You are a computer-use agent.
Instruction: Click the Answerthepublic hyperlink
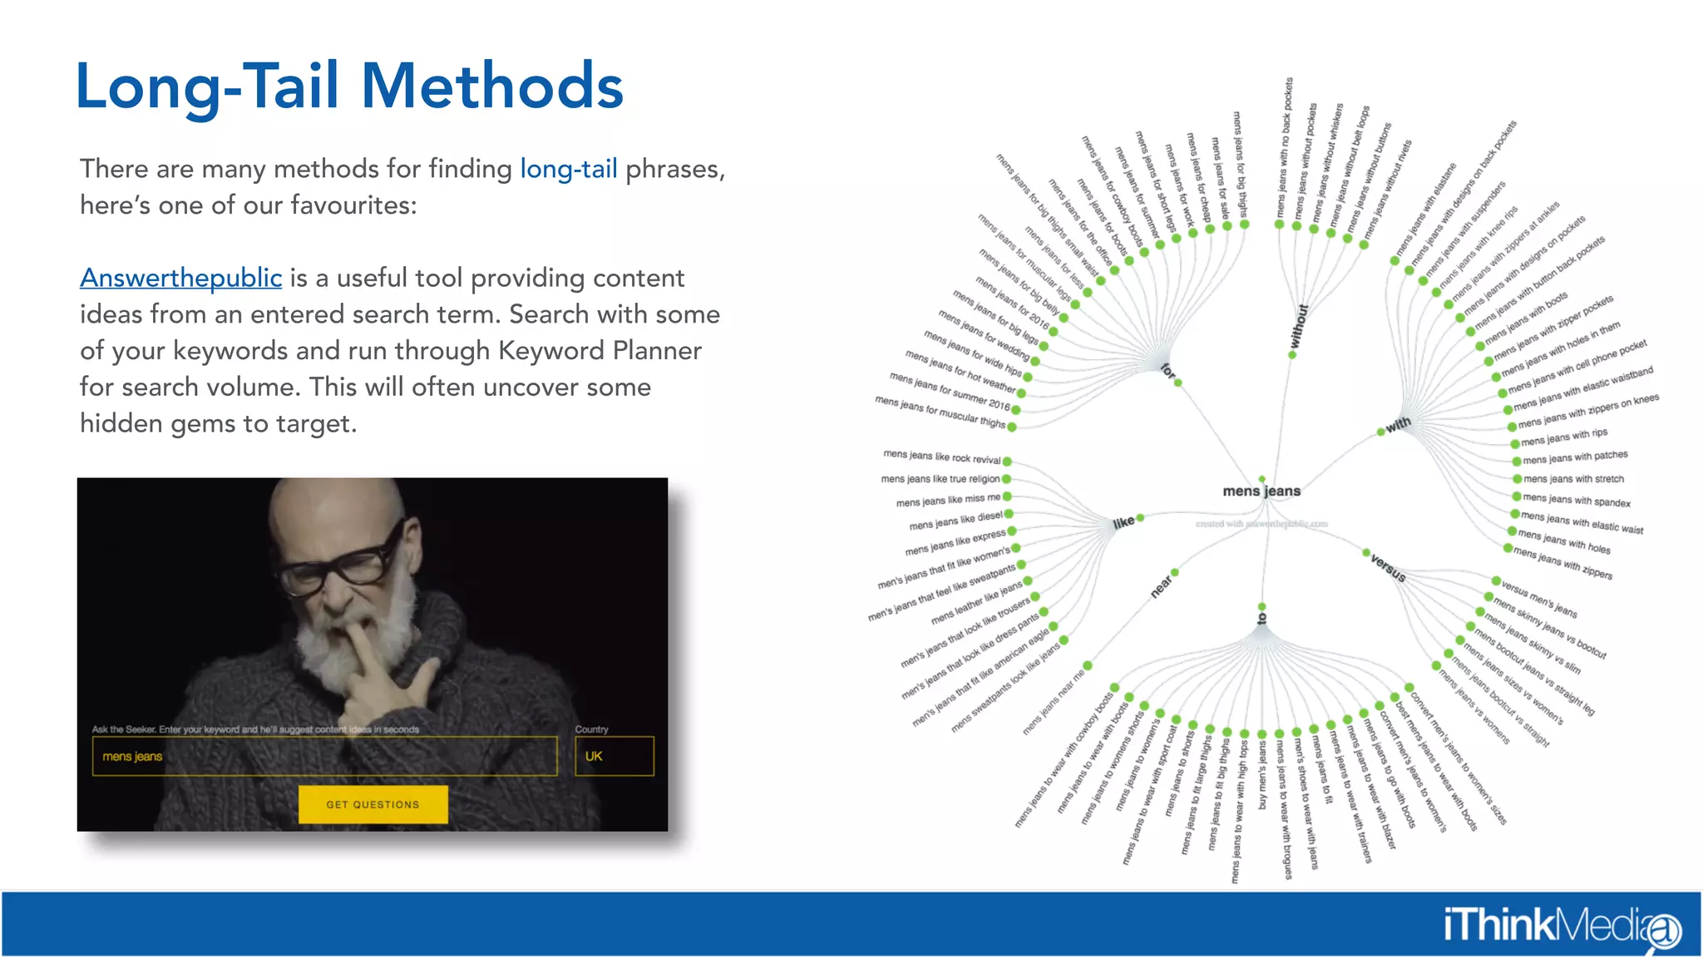point(180,278)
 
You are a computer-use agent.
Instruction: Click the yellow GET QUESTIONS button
point(373,804)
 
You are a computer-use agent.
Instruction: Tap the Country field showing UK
point(614,756)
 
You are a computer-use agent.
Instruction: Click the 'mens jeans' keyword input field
point(324,756)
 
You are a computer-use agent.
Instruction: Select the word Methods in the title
point(492,86)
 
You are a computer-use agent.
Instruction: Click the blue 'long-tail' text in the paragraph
point(568,169)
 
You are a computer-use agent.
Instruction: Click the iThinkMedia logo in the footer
point(1561,926)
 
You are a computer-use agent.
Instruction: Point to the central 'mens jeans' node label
point(1261,491)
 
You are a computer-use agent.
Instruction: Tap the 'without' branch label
point(1298,326)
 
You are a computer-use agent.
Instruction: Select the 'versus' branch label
point(1388,568)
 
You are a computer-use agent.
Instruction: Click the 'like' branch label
point(1123,522)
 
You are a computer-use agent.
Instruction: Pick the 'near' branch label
point(1161,586)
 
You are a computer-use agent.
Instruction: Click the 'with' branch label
point(1398,424)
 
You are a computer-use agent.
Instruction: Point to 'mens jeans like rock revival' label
point(941,457)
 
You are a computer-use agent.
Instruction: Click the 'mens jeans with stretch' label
point(1573,479)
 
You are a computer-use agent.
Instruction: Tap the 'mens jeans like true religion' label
point(940,479)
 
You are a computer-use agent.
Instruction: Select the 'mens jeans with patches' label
point(1575,457)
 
